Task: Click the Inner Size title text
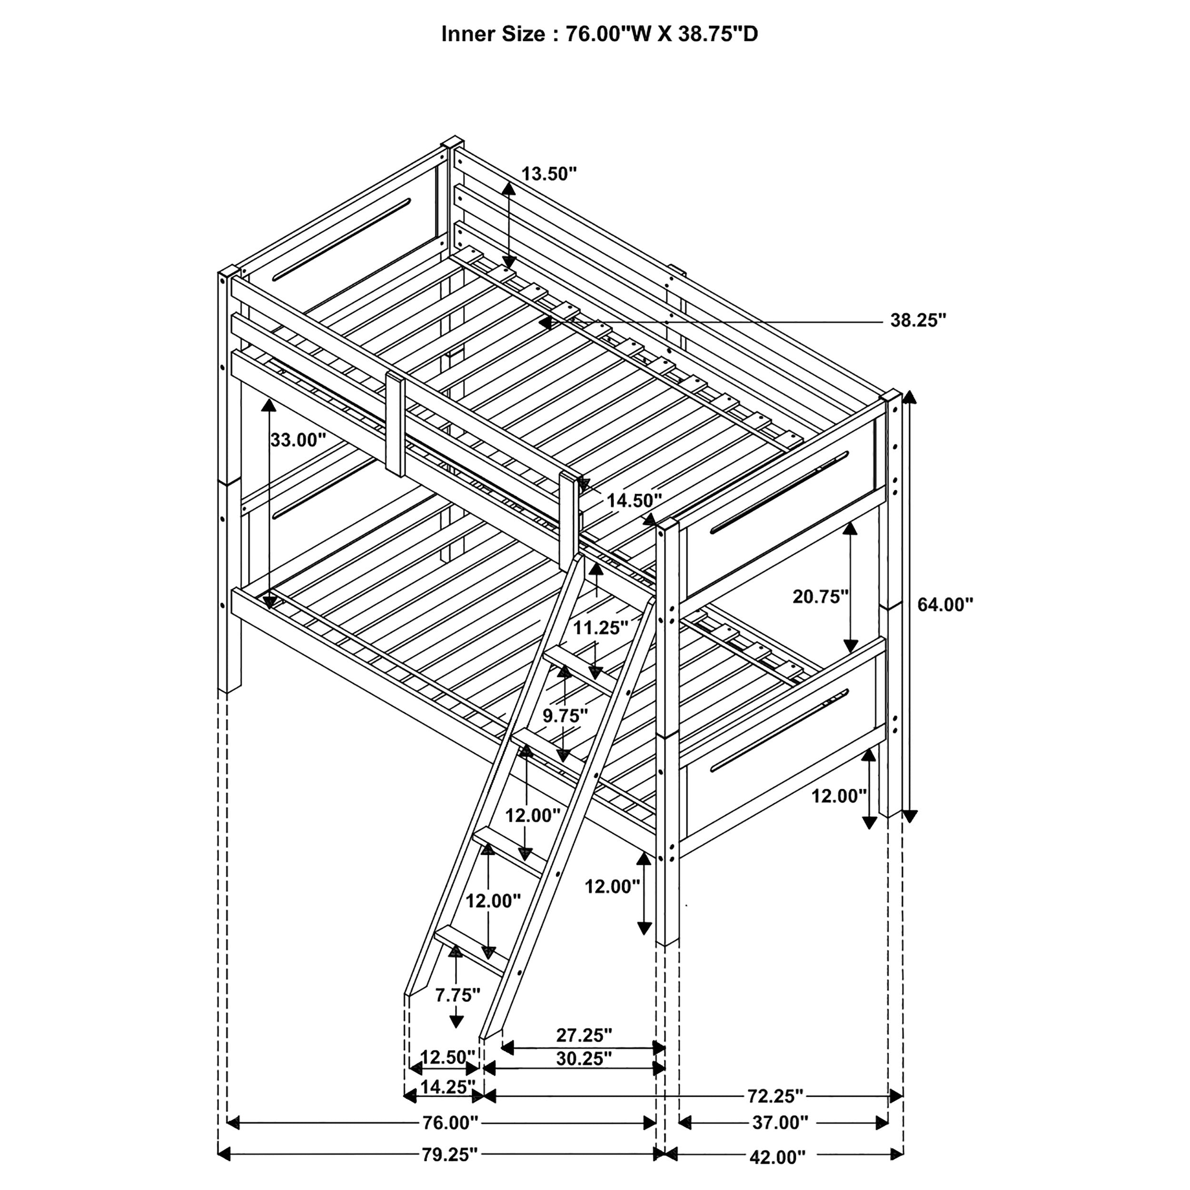tap(599, 34)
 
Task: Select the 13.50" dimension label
tap(549, 174)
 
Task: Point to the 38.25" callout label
tap(918, 320)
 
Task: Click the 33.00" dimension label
tap(298, 440)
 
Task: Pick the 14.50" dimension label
tap(635, 500)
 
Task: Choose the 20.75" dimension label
tap(821, 596)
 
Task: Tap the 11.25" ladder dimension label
tap(601, 628)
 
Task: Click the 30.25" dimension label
tap(584, 1076)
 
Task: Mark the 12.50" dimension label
tap(448, 1075)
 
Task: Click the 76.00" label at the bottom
tap(450, 1140)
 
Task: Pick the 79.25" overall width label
tap(450, 1171)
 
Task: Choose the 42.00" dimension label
tap(777, 1175)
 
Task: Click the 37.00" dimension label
tap(780, 1140)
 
